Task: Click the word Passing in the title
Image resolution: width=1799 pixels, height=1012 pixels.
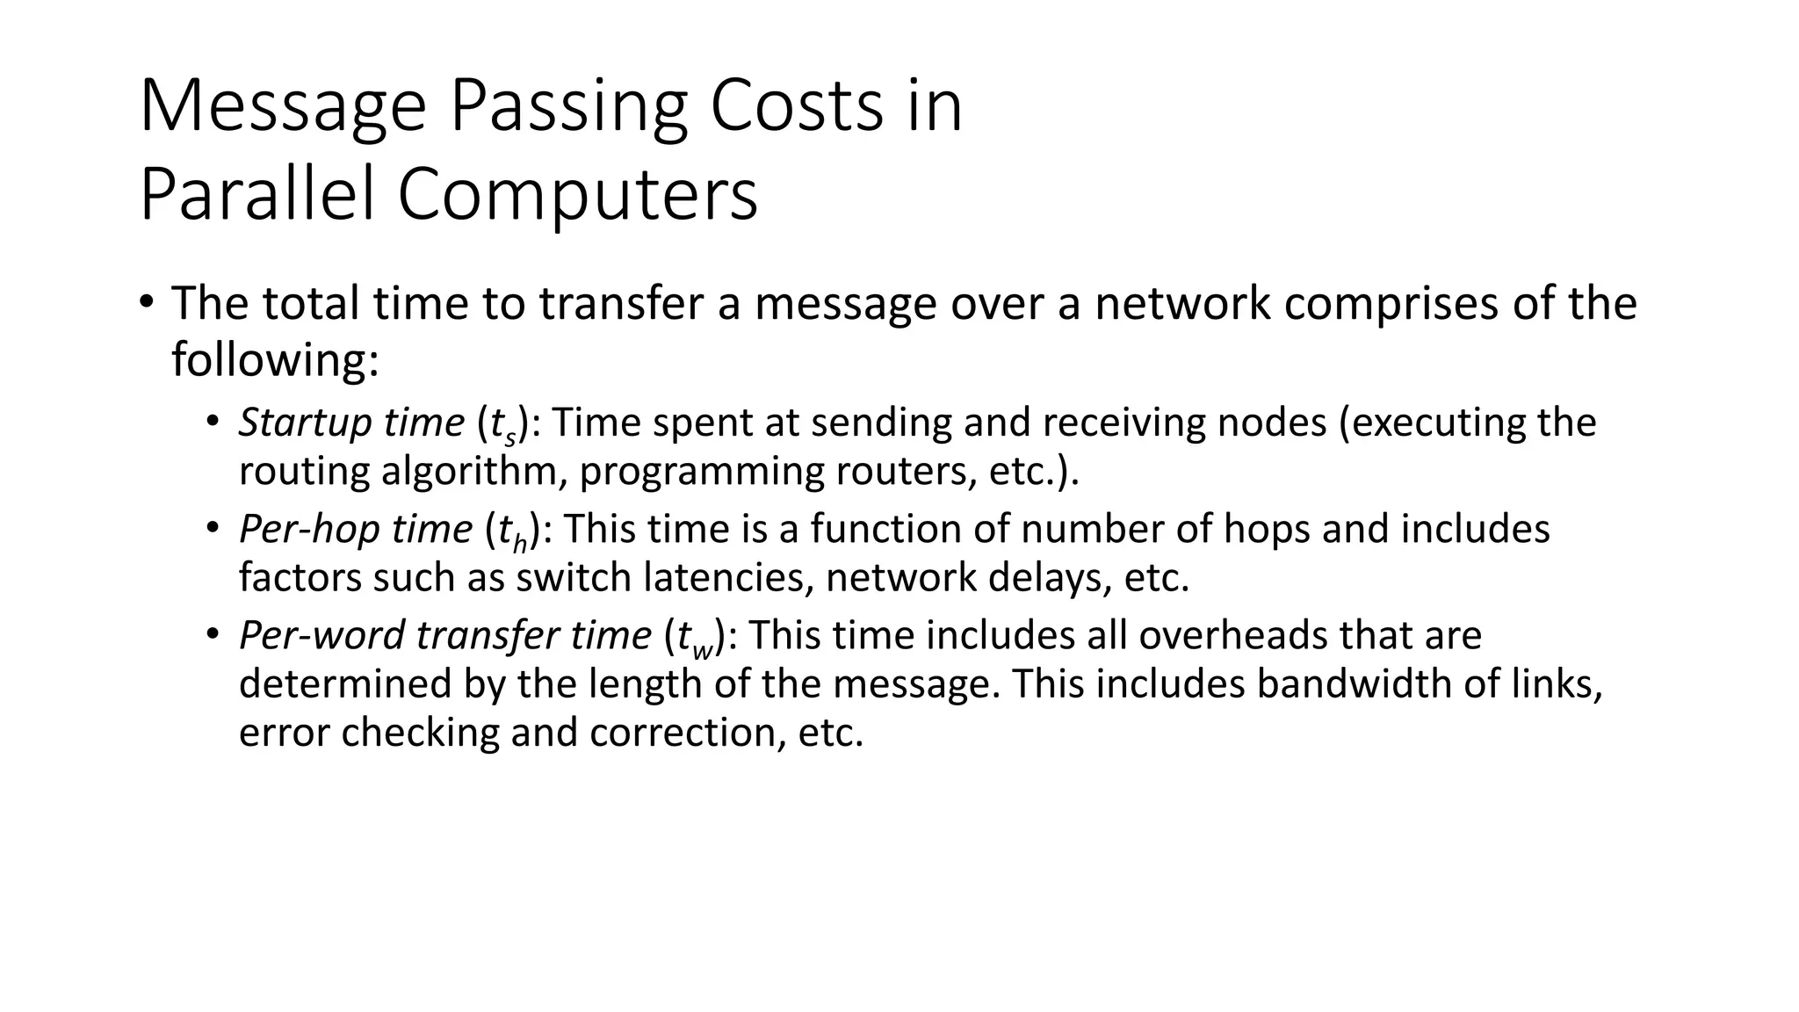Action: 567,107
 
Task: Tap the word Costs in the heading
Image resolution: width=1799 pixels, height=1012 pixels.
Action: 795,107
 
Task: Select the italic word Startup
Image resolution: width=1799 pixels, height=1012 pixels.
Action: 294,423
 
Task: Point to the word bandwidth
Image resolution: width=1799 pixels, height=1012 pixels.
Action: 1354,683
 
